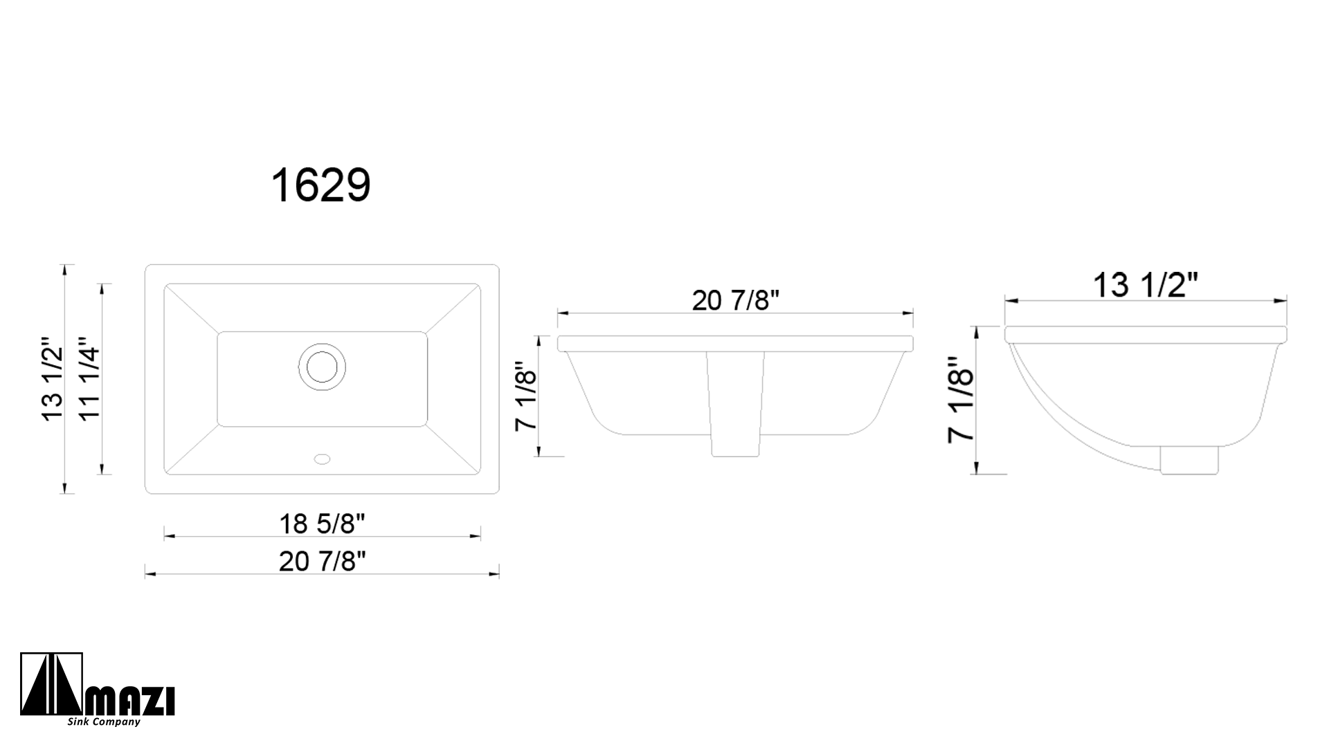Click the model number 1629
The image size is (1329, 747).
pos(320,185)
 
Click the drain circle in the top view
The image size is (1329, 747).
pos(322,366)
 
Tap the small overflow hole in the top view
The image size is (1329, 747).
pos(323,458)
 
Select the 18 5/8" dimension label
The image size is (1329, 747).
pos(322,524)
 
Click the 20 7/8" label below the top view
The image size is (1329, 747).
pos(322,561)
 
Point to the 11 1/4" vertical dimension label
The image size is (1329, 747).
pos(90,378)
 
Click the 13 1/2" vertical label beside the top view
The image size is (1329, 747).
pos(53,378)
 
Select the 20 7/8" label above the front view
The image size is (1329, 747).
pos(735,300)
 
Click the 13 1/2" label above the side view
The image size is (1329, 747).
pos(1146,284)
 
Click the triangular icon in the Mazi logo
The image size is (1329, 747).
pos(51,685)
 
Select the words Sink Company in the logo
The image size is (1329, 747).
pos(104,722)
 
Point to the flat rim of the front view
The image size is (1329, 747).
pos(735,343)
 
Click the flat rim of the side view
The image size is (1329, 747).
pos(1146,333)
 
